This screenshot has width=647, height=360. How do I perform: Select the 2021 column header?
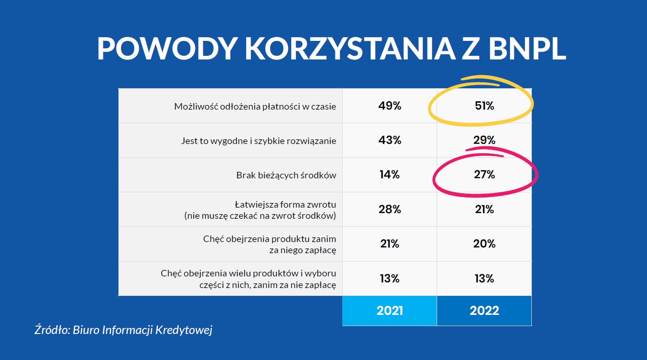coord(389,311)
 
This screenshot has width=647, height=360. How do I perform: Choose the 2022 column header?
coord(484,311)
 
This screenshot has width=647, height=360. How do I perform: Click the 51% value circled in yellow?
coord(484,106)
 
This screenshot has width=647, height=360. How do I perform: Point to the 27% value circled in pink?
coord(484,175)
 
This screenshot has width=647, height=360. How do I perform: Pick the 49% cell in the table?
coord(389,106)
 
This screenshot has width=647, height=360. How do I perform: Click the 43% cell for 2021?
coord(389,140)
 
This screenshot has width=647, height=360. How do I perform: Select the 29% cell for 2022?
coord(484,140)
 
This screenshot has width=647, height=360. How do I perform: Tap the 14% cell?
coord(389,175)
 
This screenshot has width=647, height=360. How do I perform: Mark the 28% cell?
coord(389,209)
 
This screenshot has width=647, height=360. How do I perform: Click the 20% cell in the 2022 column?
coord(484,244)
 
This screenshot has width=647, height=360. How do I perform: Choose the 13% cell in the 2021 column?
coord(389,278)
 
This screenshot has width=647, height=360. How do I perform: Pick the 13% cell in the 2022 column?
coord(484,278)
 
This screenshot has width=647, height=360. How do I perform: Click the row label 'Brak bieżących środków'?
coord(286,176)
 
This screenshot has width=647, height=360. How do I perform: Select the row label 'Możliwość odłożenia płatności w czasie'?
coord(255,106)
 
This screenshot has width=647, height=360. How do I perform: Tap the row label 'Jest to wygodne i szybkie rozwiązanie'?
coord(258,141)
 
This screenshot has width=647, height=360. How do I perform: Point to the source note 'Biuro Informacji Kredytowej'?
coord(143,330)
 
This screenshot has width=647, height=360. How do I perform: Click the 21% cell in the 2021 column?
coord(389,244)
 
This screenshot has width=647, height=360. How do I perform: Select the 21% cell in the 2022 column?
coord(484,209)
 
